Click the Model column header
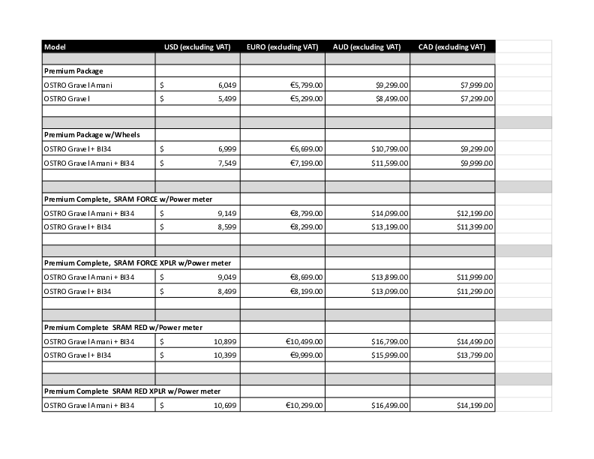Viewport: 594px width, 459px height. [55, 46]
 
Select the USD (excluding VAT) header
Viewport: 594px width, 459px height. [197, 46]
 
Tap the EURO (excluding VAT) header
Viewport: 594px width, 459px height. [282, 46]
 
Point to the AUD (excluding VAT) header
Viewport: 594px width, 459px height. [367, 46]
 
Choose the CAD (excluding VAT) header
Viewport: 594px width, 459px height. [451, 46]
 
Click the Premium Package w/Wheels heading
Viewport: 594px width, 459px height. [92, 135]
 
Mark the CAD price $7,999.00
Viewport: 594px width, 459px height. [476, 85]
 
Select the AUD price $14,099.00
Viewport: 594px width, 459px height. [389, 214]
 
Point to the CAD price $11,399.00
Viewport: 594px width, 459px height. [474, 226]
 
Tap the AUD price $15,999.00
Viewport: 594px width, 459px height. [389, 355]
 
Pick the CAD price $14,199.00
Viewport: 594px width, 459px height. [474, 406]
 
